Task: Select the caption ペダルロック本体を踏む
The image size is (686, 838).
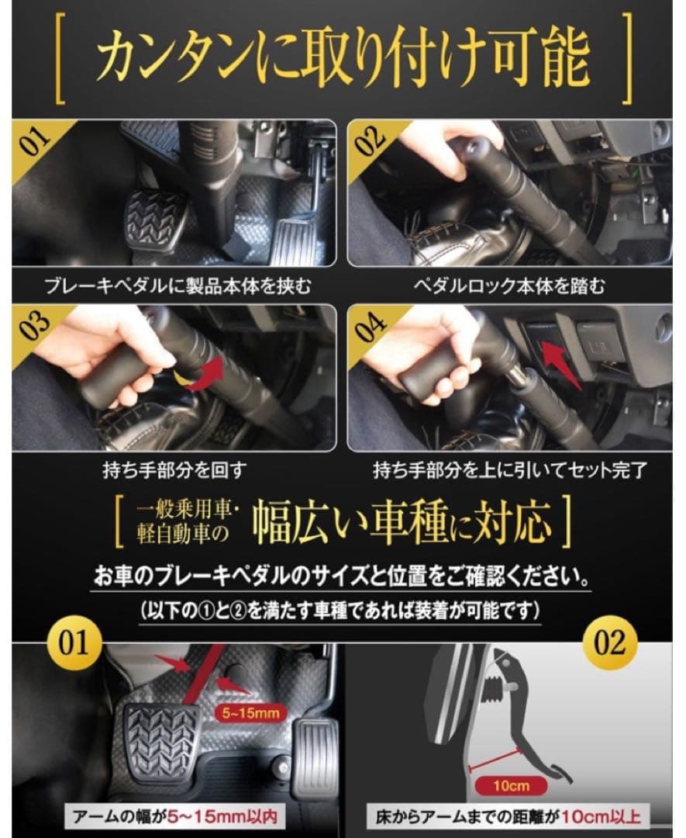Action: (508, 286)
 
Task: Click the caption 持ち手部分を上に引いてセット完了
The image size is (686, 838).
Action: (508, 470)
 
